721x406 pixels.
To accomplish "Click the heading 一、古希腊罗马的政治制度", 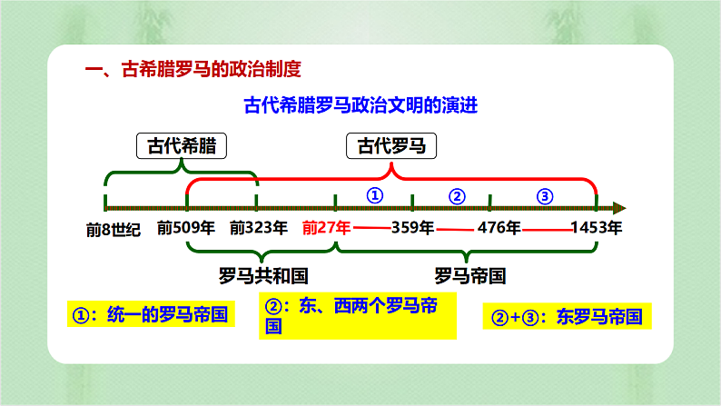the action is point(192,69).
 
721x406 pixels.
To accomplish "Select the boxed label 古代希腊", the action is point(182,146).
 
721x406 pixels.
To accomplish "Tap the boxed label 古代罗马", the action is point(391,146).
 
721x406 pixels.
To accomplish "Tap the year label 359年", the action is point(412,227).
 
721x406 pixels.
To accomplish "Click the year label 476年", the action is point(499,227).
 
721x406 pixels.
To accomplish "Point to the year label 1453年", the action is point(596,227).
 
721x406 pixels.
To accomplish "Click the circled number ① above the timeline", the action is point(375,195).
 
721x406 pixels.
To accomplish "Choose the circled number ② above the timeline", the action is point(457,195).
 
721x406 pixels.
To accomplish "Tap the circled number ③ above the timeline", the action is point(544,195).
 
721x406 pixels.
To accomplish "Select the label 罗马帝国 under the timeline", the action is point(469,275).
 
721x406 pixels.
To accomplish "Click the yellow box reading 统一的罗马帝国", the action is point(147,315).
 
